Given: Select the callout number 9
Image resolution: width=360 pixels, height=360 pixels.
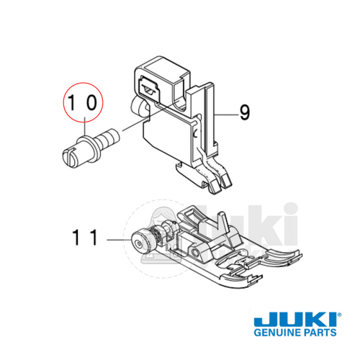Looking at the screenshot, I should point(245,112).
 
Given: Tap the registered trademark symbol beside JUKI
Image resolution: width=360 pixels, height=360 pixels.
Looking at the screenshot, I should point(339,312).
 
